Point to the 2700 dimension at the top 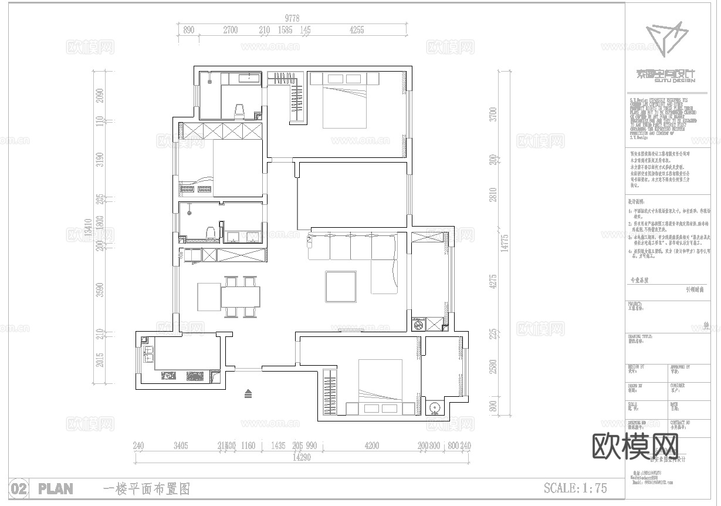[230, 31]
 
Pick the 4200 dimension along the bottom [371, 446]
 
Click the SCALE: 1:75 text [575, 488]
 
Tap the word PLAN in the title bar [55, 488]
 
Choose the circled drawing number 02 [19, 488]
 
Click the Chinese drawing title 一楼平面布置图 [146, 488]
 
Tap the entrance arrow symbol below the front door [249, 393]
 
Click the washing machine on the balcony [419, 324]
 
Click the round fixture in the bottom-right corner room [435, 407]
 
